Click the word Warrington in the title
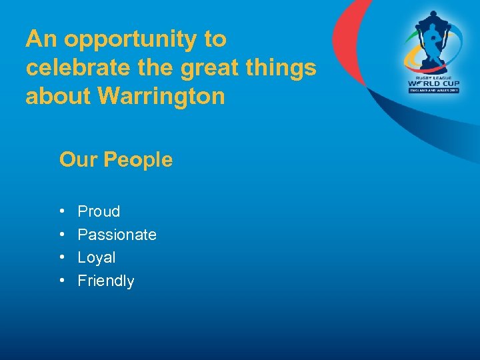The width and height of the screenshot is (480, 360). coord(161,97)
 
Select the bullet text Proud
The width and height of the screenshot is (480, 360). coord(99,212)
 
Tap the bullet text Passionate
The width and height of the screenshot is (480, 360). coord(117,235)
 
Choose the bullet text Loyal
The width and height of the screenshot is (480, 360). coord(97,257)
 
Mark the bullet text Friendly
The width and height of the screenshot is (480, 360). coord(106,281)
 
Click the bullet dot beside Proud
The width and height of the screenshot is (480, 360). coord(61,212)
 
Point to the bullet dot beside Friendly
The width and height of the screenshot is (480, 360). coord(61,281)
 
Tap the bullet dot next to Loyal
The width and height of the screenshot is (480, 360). coord(61,257)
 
